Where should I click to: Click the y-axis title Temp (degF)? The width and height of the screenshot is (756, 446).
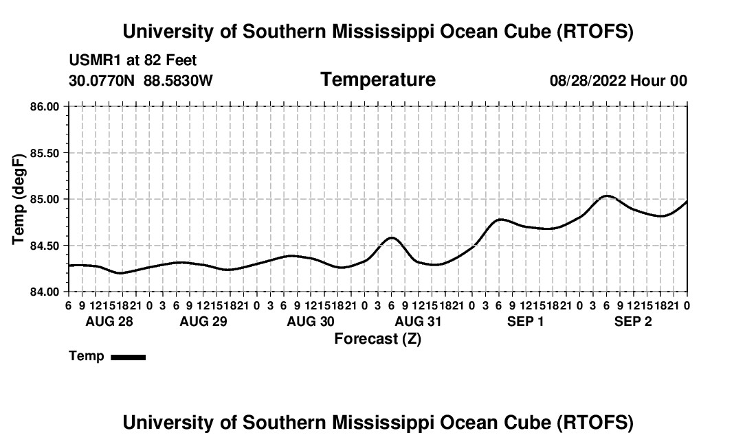(x=19, y=199)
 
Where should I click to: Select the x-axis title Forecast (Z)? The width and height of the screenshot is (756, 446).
(x=377, y=338)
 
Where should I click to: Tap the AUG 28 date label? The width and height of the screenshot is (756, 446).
(x=109, y=321)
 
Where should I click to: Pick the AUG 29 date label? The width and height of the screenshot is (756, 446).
(x=203, y=321)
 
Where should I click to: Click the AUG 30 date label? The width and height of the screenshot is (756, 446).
(x=311, y=321)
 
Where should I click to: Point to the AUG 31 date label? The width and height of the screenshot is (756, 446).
(x=418, y=321)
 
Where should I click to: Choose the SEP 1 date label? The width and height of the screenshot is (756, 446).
(x=526, y=321)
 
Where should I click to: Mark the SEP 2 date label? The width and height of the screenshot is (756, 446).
(x=633, y=321)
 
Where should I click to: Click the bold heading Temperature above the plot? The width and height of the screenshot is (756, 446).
(x=378, y=80)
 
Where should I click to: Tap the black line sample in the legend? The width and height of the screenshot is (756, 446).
(x=128, y=357)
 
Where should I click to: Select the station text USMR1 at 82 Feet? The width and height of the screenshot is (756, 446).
(x=133, y=60)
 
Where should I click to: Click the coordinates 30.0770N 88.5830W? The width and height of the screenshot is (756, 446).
(x=141, y=80)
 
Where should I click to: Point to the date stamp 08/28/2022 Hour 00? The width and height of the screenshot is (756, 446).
(x=618, y=80)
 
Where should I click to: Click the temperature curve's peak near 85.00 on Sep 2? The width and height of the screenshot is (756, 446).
(x=606, y=196)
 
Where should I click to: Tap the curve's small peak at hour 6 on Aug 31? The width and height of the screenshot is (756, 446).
(x=391, y=237)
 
